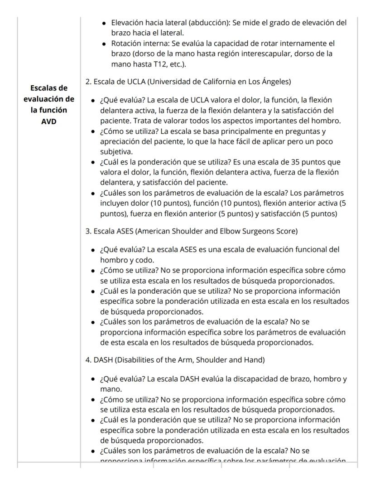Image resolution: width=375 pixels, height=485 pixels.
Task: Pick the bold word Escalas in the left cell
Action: [x=49, y=87]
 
